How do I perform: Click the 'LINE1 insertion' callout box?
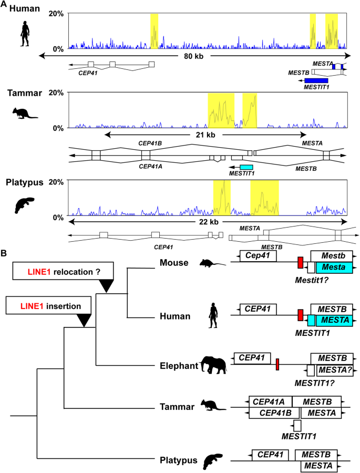click(x=49, y=304)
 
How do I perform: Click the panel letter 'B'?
click(x=4, y=253)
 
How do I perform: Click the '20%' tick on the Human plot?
click(x=56, y=14)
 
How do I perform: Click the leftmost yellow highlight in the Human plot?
click(x=154, y=30)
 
